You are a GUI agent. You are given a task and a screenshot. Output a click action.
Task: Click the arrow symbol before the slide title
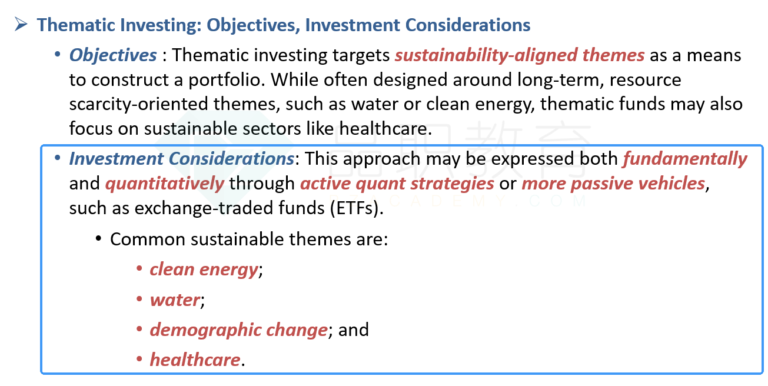tap(21, 24)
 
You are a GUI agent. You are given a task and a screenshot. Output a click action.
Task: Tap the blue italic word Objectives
tap(113, 55)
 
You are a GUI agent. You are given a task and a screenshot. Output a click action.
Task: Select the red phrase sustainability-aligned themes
tap(520, 55)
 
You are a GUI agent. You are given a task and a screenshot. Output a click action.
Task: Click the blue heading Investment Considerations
tap(182, 159)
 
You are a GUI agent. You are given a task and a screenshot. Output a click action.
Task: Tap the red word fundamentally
tap(685, 159)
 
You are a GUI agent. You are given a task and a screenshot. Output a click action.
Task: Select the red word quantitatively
tap(165, 184)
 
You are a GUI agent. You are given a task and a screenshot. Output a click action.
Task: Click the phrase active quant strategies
tap(397, 184)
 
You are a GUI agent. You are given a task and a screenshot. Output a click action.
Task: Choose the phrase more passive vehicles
tap(613, 184)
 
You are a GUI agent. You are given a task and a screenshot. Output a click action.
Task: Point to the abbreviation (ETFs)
tap(357, 208)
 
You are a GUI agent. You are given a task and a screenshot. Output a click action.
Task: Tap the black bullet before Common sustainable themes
tap(99, 238)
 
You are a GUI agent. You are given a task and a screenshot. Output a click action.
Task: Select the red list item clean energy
tap(204, 270)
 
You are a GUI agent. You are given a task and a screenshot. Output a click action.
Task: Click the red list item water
tap(175, 300)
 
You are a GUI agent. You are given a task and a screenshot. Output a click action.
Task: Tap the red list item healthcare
tap(195, 360)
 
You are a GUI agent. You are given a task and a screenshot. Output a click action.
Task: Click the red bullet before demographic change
tap(139, 329)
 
